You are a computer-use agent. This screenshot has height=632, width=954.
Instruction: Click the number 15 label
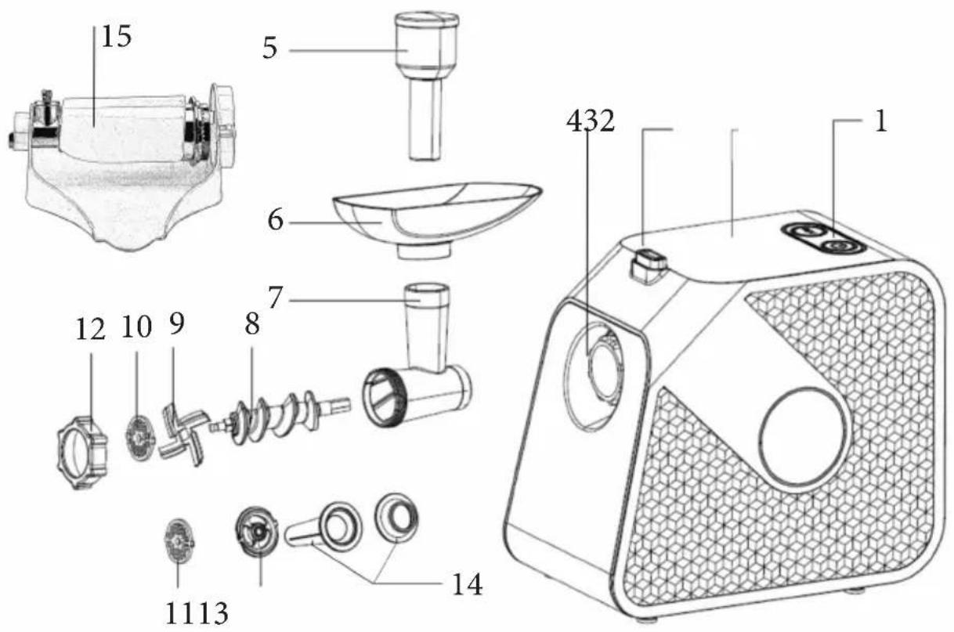coord(116,37)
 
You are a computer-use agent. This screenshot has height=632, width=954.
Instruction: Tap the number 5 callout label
coord(270,48)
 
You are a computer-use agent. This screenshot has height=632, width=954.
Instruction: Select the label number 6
coord(275,221)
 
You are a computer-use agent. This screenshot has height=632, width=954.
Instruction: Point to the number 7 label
coord(275,298)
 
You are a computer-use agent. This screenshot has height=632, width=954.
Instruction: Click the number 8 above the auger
coord(251,324)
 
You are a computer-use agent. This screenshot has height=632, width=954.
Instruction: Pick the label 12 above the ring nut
coord(90,330)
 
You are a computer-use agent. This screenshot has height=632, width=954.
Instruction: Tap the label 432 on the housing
coord(591,122)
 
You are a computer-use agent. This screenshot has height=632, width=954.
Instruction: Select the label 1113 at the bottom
coord(197,614)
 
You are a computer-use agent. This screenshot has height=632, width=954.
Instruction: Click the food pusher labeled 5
coord(426,86)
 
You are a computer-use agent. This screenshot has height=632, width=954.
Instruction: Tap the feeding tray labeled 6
coord(437,220)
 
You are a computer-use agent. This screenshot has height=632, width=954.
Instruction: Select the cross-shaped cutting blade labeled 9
coord(182,435)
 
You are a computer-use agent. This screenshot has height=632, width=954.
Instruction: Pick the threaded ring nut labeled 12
coord(82,453)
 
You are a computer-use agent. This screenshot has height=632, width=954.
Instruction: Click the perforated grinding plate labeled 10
coord(139,438)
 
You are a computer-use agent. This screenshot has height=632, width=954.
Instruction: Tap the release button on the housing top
coord(647,266)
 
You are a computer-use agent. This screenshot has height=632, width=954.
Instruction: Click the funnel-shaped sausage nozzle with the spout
coord(323,527)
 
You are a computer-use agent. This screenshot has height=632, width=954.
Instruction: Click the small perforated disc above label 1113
coord(179,541)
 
